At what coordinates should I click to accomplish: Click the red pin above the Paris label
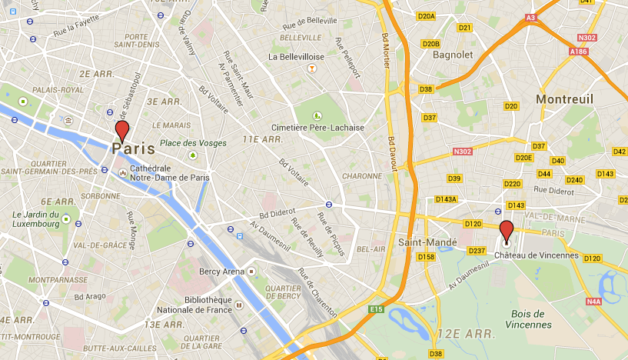point(121,131)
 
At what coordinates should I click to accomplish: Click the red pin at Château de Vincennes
point(507,230)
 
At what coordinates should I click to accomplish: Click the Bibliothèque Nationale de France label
point(208,305)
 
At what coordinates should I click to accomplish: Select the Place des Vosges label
point(193,143)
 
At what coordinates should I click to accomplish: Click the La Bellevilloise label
point(296,56)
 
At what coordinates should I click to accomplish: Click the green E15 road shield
point(375,308)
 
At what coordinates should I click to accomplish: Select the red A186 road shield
point(579,51)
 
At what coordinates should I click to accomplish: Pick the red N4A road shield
point(593,302)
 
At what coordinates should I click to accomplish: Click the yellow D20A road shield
point(427,15)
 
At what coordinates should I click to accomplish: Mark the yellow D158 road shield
point(426,256)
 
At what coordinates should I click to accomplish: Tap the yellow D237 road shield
point(477,251)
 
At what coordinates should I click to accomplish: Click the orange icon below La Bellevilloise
point(311,68)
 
